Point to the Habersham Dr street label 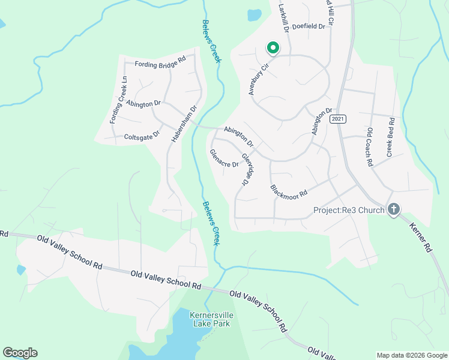click(x=185, y=124)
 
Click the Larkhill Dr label click(x=285, y=18)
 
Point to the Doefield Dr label click(x=309, y=26)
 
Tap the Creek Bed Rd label click(x=390, y=137)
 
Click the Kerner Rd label click(x=421, y=237)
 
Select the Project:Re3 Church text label click(x=349, y=210)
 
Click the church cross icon click(x=394, y=209)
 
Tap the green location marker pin click(x=273, y=47)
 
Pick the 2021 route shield click(x=338, y=119)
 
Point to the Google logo click(x=20, y=353)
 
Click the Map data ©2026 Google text click(x=411, y=355)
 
